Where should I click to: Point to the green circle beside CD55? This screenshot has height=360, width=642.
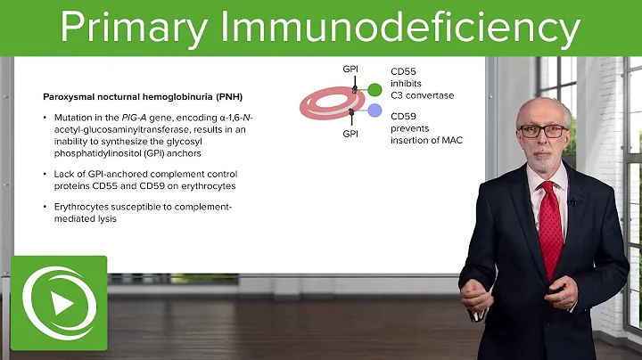[374, 89]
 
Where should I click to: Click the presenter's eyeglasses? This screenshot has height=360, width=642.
[541, 131]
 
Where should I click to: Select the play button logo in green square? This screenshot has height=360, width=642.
[58, 304]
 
